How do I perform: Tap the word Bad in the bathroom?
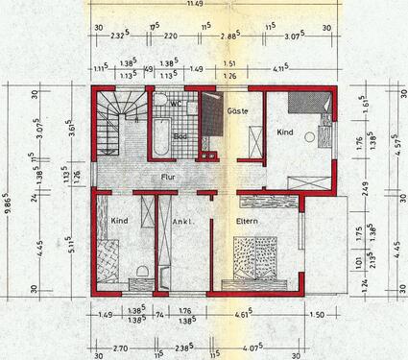point(180,137)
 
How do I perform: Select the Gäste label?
point(237,111)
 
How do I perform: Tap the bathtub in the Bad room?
point(157,137)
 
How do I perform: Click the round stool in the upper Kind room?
point(308,138)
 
